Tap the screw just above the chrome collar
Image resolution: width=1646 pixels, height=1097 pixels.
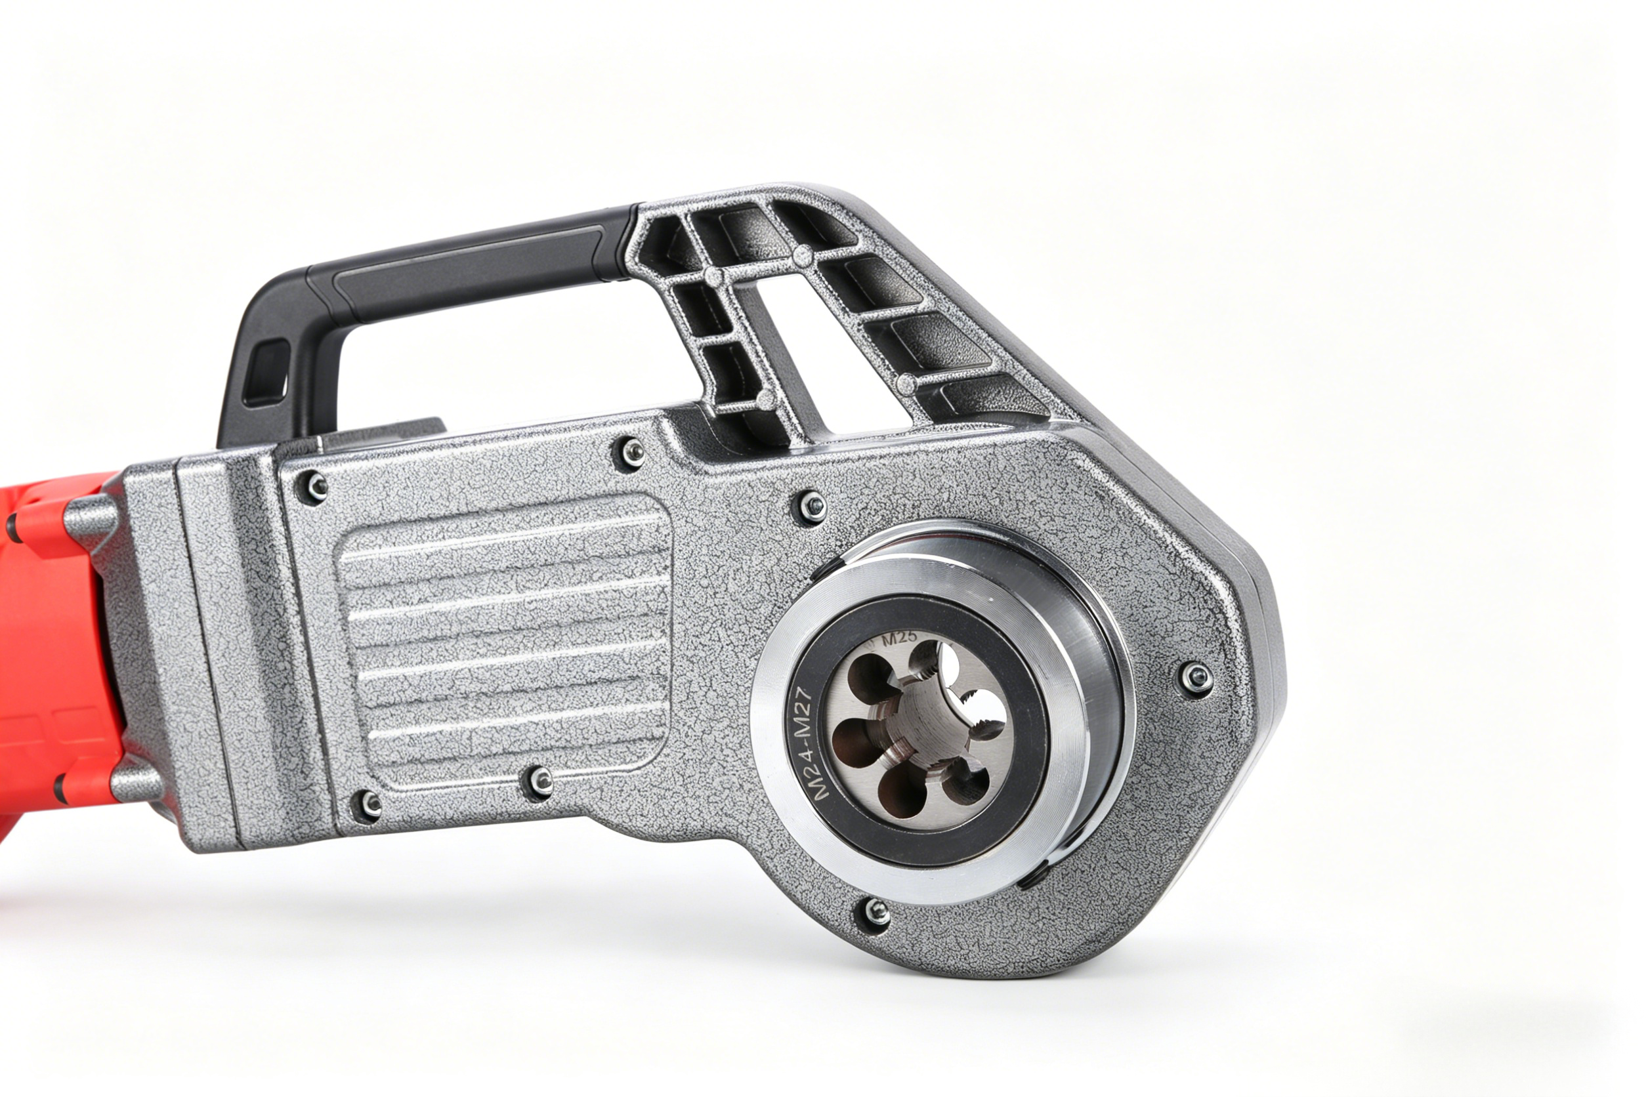pyautogui.click(x=812, y=505)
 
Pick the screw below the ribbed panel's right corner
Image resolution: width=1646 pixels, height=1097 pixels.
pyautogui.click(x=539, y=781)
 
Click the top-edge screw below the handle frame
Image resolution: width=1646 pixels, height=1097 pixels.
pyautogui.click(x=632, y=451)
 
